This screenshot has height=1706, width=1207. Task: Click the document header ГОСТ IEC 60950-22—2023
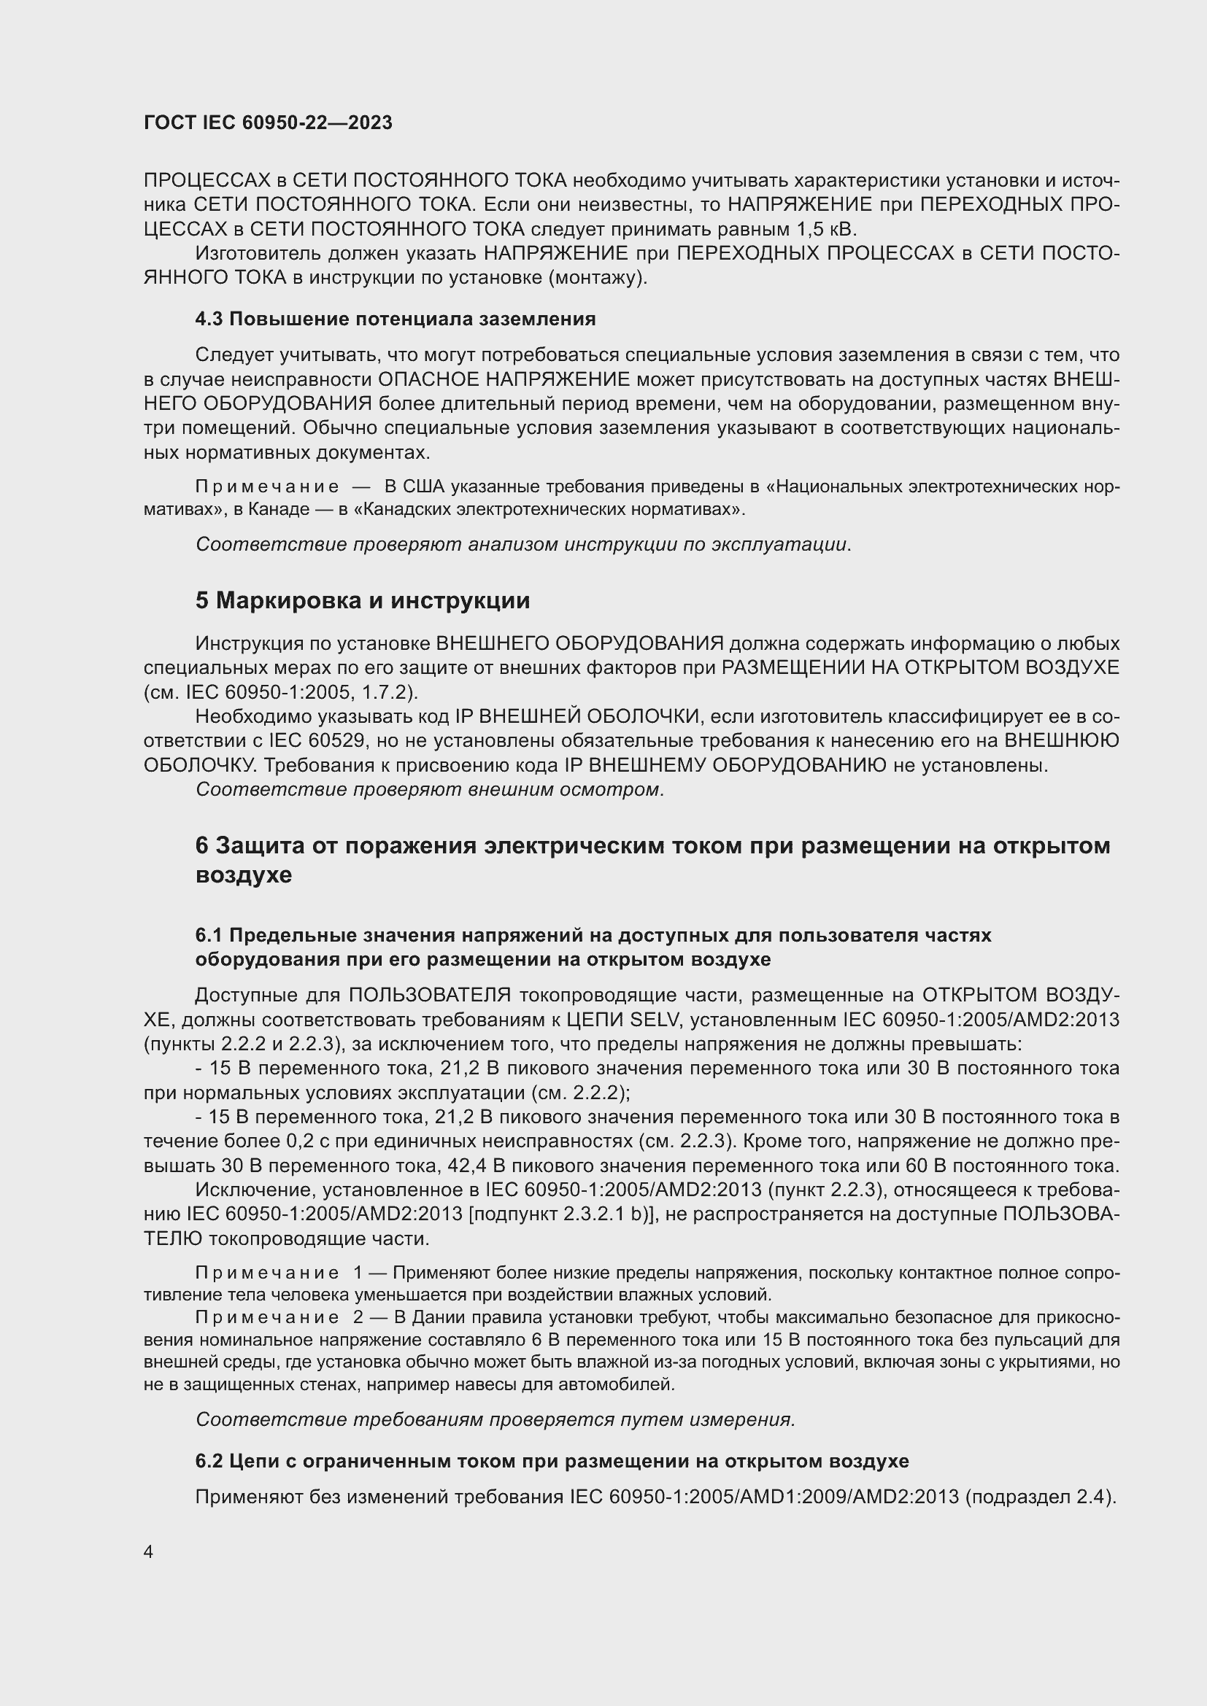tap(268, 123)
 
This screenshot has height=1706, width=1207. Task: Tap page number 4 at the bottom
tap(149, 1551)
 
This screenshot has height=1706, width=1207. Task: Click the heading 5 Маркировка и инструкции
tap(362, 600)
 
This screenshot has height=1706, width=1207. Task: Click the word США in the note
tap(423, 487)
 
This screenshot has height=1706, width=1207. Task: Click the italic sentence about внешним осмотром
tap(430, 789)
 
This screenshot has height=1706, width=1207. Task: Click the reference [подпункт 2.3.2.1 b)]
tap(566, 1214)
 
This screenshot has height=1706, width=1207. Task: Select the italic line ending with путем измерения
tap(495, 1419)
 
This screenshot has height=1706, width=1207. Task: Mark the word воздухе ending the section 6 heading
tap(243, 875)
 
